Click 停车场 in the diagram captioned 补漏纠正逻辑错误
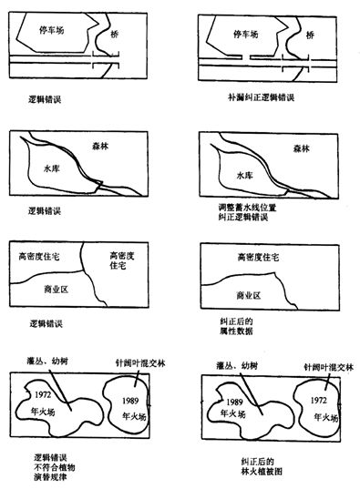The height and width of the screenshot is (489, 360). [242, 33]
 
